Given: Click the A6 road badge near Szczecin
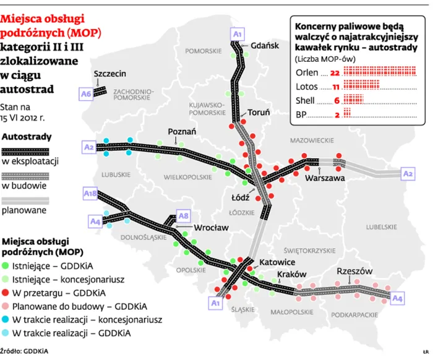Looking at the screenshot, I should click(86, 93).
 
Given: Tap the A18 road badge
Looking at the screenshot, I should click(90, 194).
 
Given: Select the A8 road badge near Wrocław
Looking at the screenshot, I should click(182, 215).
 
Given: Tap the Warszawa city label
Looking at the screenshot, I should click(324, 178).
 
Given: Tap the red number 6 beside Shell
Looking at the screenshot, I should click(336, 101).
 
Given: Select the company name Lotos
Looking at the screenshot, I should click(307, 87).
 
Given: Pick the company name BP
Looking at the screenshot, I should click(302, 114).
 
